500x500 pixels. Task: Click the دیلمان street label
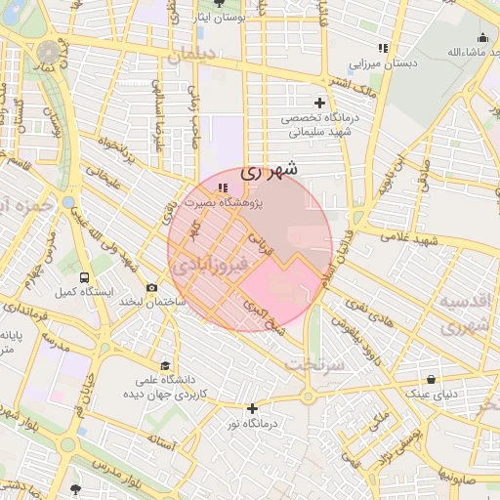[195, 56]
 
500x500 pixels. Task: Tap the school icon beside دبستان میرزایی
[384, 47]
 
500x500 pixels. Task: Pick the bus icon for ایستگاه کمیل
[85, 276]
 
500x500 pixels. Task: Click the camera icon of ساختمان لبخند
[151, 287]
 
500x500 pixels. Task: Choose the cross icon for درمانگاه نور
[253, 408]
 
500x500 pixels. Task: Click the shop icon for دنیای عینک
[432, 379]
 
